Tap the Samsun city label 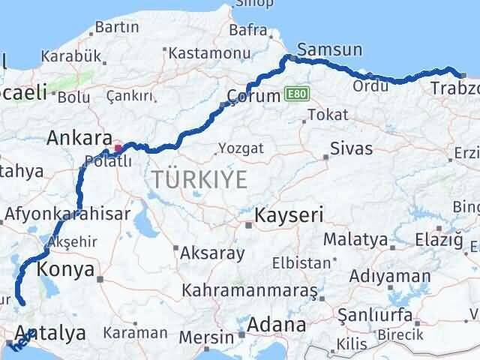tap(329, 50)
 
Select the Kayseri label tap(289, 216)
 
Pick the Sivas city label tap(350, 146)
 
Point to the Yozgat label tap(241, 148)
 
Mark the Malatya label tap(356, 240)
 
